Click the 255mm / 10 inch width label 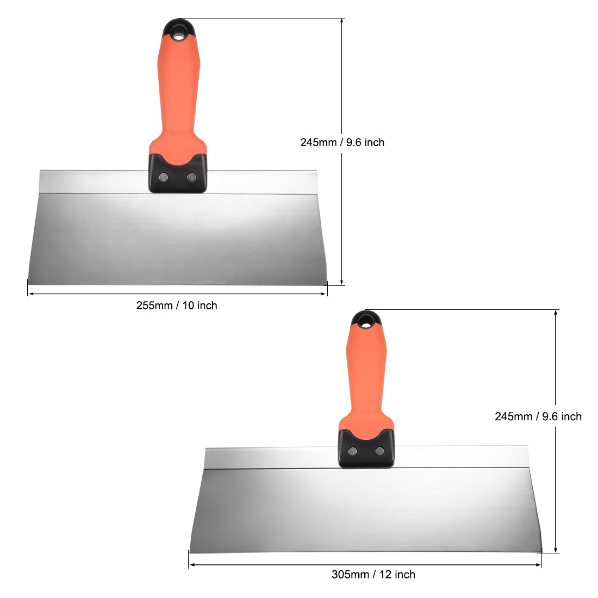pos(177,306)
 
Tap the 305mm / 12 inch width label pos(373,575)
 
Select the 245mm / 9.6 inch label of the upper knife pos(342,142)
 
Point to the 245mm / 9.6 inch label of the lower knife pos(538,416)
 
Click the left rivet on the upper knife pos(163,177)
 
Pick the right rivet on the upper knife pos(191,177)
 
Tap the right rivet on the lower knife pos(380,451)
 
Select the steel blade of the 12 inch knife pos(364,511)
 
